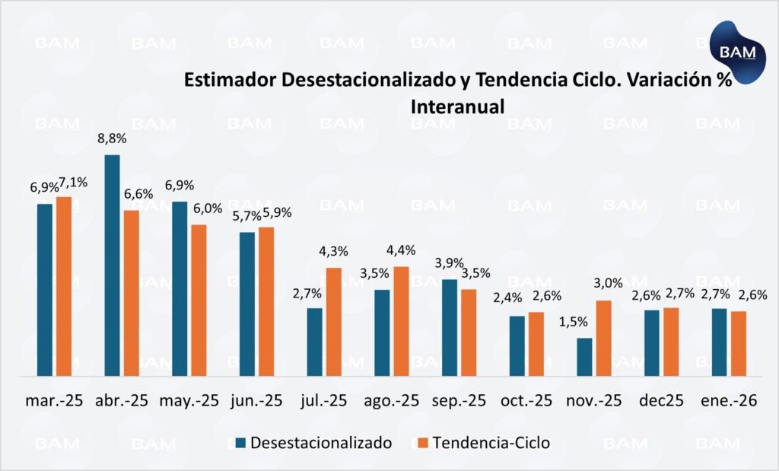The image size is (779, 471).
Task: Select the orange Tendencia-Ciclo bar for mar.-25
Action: coord(63,286)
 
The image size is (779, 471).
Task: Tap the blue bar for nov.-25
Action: coord(584,357)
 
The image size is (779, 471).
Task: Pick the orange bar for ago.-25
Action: coord(400,321)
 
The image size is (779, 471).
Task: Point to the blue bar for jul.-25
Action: coord(314,342)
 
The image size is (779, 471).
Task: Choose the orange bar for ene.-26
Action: coord(738,343)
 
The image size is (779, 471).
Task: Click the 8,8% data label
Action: coord(112,139)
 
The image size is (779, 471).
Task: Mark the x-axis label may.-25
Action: coord(189,401)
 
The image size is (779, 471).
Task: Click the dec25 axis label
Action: coord(661,401)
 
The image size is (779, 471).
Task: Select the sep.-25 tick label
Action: coord(459,401)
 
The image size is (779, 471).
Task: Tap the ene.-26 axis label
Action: coord(729,401)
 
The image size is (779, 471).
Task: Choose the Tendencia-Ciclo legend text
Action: coord(491,442)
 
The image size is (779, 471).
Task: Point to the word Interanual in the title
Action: coord(457,106)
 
